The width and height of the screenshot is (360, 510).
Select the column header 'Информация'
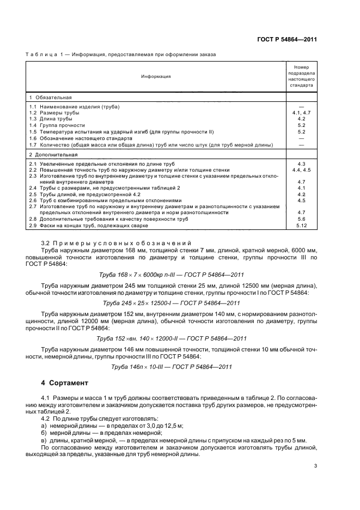coord(156,76)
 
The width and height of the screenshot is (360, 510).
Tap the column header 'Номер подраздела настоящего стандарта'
coord(301,76)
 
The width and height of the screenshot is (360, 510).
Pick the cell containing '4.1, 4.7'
coord(301,112)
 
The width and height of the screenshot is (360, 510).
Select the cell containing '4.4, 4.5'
coord(301,170)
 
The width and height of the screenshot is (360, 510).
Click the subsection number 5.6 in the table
coord(301,218)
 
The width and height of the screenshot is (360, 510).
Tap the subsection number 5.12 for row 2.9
coord(301,224)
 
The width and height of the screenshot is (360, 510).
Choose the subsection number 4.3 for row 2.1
coord(301,164)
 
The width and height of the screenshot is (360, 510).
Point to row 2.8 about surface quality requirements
coord(109,218)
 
